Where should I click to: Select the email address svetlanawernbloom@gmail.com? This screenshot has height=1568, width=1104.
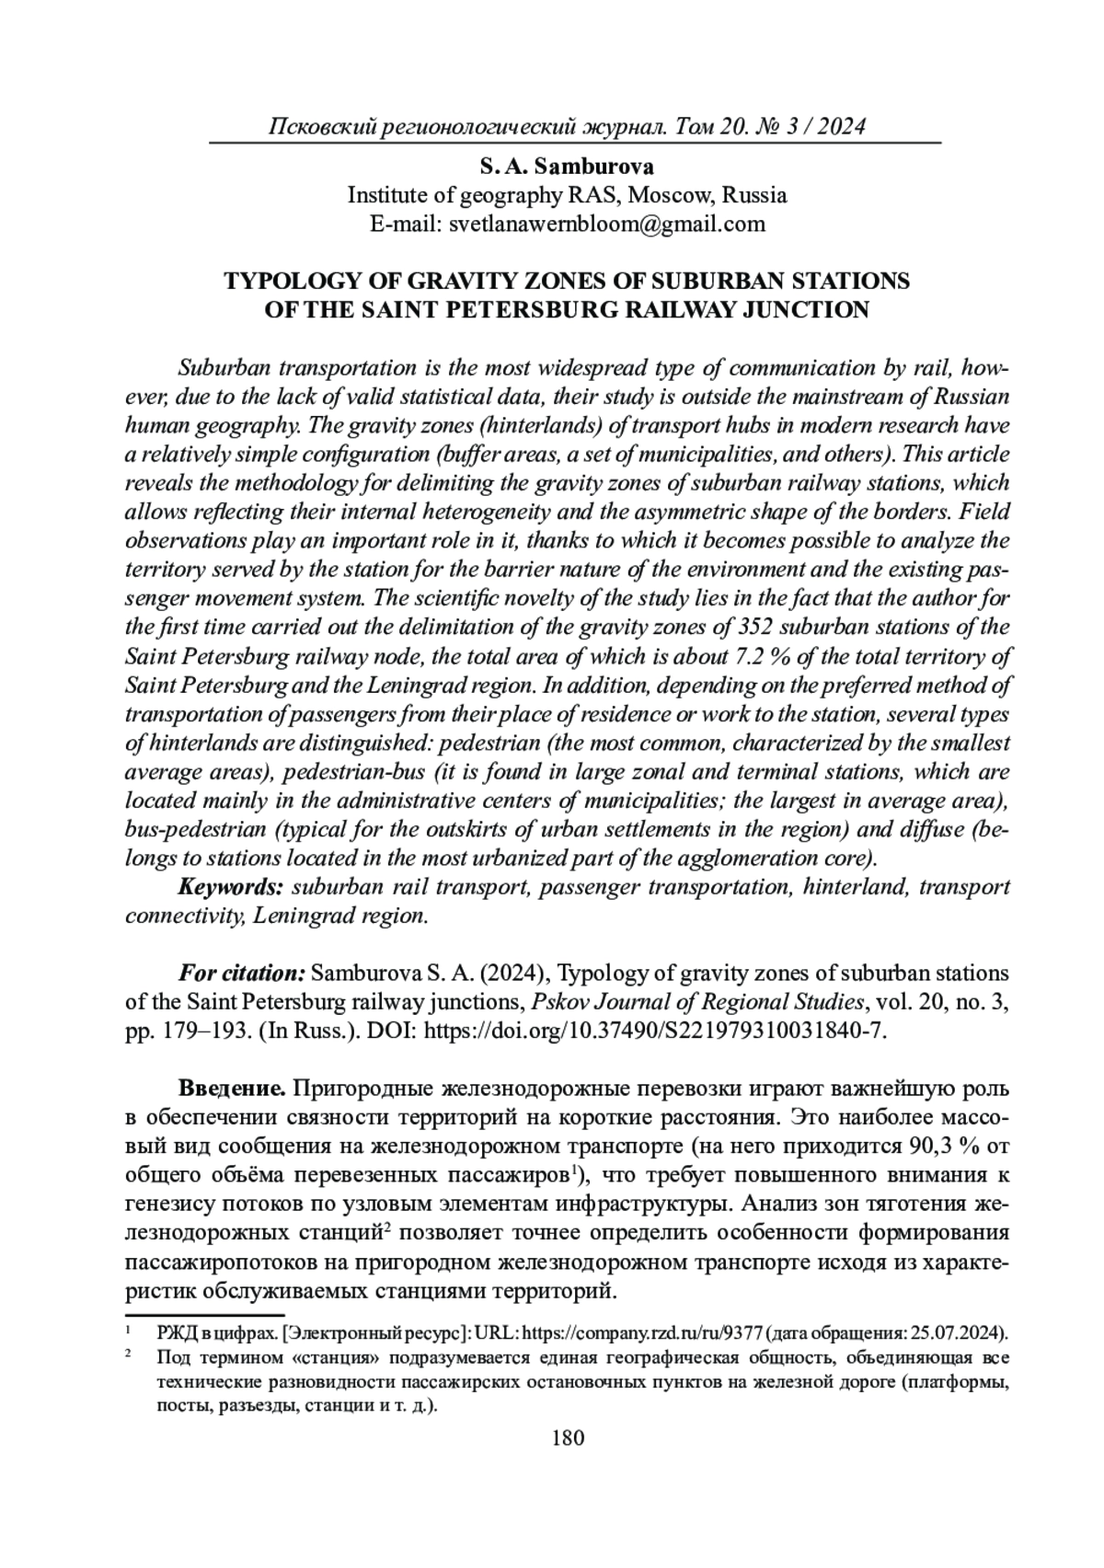[x=606, y=224]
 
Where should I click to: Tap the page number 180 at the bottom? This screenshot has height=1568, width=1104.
[x=568, y=1437]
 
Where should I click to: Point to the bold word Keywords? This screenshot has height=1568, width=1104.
[x=229, y=887]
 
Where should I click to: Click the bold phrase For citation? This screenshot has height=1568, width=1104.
[x=241, y=974]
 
